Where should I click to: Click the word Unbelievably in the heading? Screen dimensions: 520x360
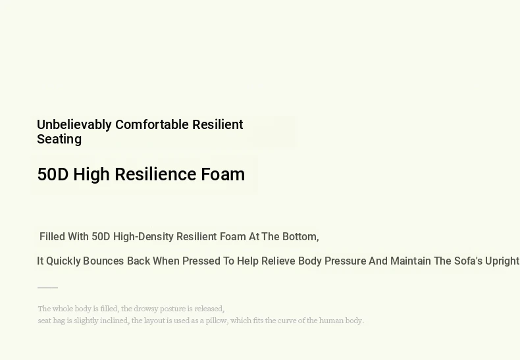point(74,125)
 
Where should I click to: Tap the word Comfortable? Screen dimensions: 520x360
point(152,124)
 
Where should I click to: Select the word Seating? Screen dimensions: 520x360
point(59,140)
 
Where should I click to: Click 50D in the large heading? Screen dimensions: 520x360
point(53,174)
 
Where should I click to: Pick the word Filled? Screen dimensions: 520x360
point(52,237)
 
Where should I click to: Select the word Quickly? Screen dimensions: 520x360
point(63,261)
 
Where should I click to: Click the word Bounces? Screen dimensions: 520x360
point(103,261)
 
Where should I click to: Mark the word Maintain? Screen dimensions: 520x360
point(411,261)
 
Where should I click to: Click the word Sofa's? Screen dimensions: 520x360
point(468,261)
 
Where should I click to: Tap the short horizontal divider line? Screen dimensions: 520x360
point(48,288)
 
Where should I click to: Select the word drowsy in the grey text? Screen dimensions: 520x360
point(146,309)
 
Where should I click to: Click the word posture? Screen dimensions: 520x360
point(172,309)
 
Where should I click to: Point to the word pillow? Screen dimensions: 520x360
point(217,321)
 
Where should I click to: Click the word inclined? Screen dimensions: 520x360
point(115,321)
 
